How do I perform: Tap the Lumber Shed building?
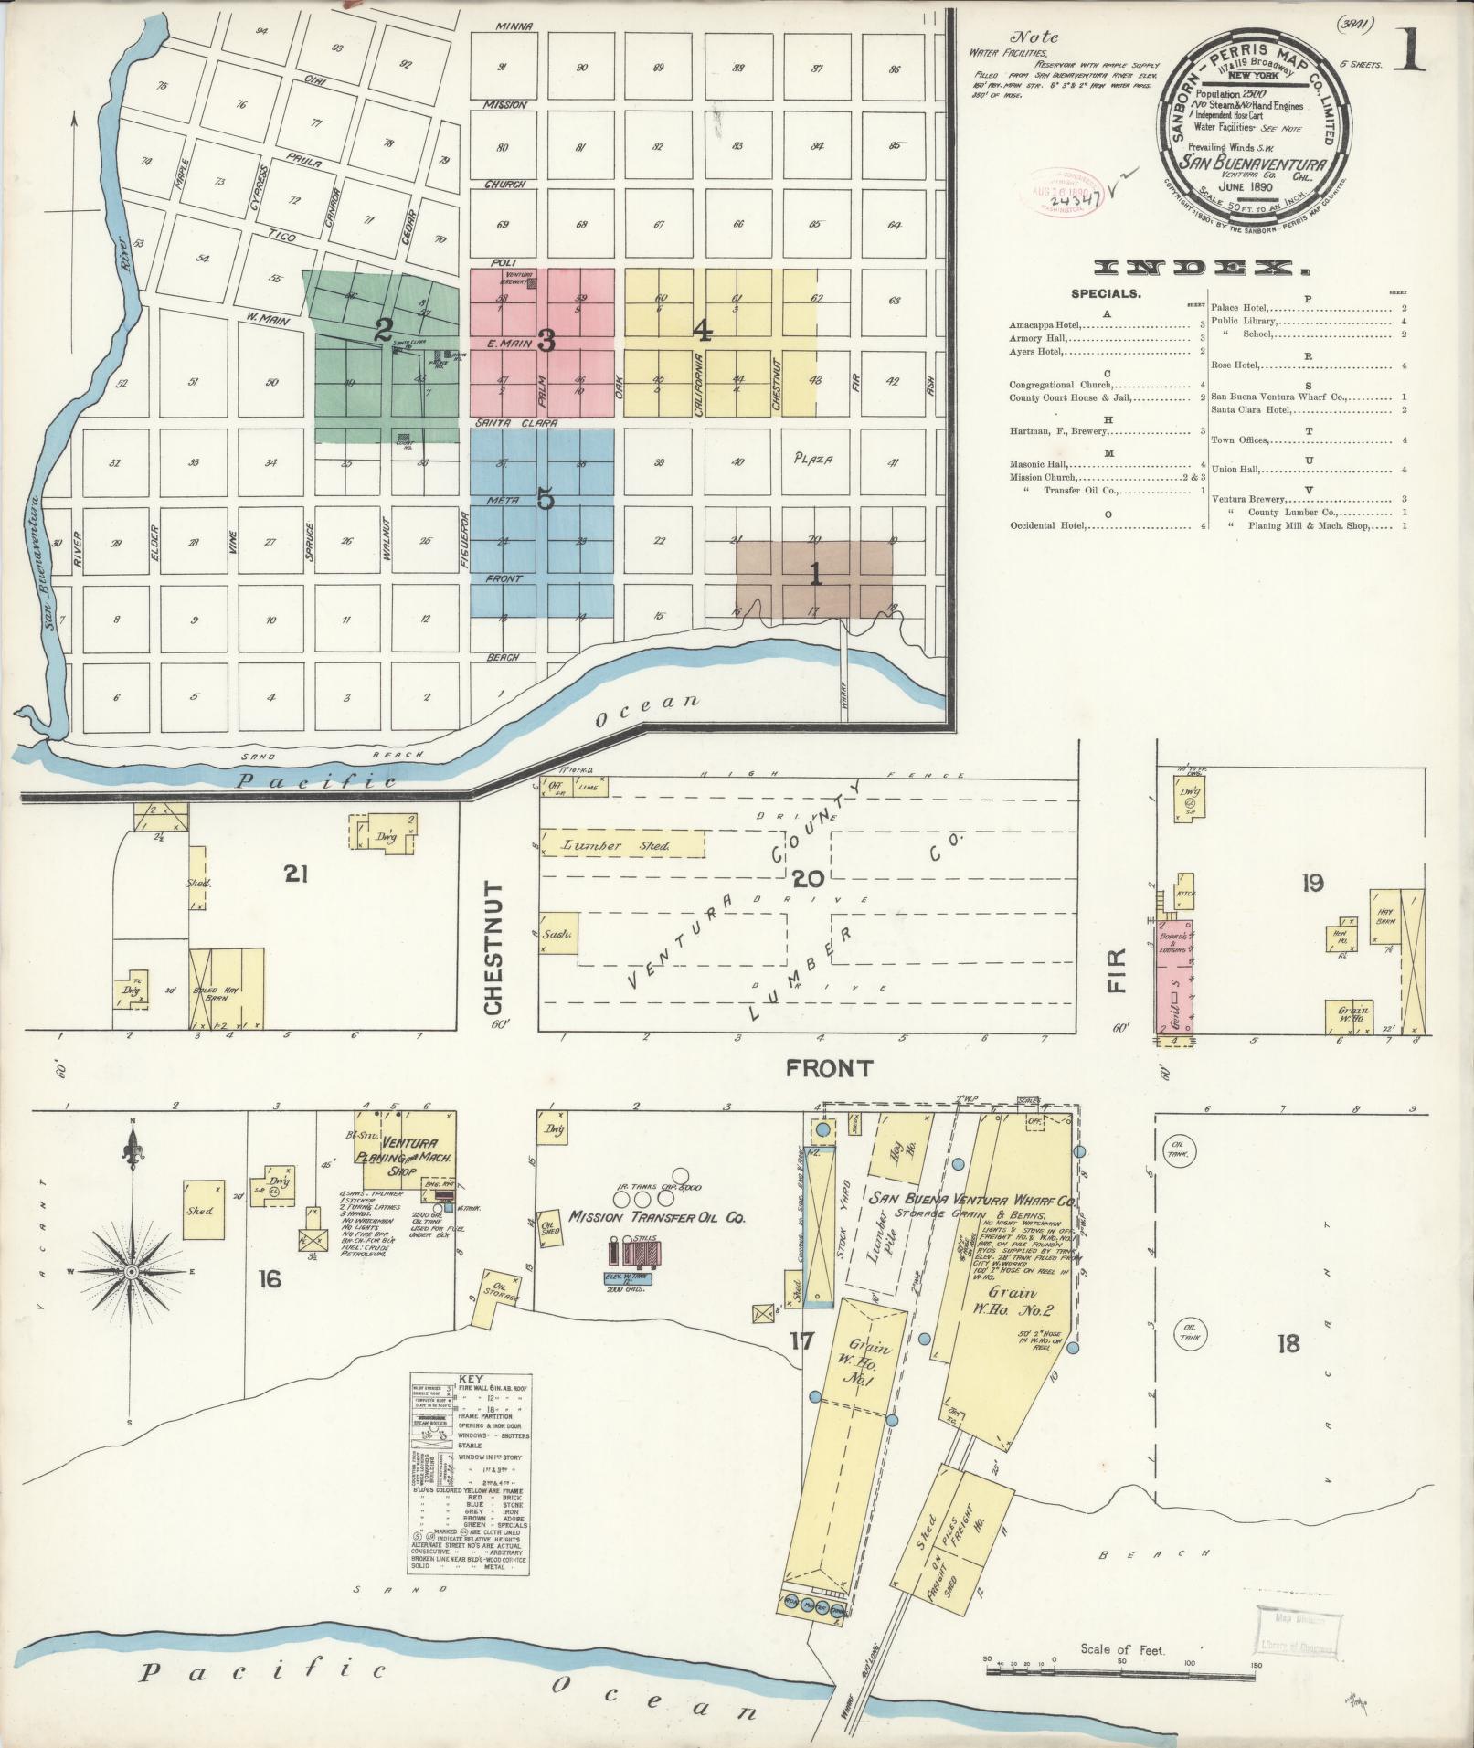coord(621,843)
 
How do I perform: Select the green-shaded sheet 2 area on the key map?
coord(384,356)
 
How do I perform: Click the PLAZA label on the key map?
coord(813,460)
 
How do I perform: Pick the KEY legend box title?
coord(470,1404)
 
